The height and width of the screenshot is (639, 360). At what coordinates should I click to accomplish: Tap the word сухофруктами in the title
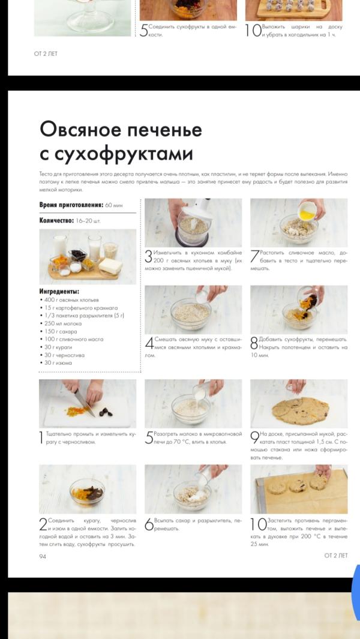(x=124, y=154)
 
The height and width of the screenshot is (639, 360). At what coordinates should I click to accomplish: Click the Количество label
(x=56, y=221)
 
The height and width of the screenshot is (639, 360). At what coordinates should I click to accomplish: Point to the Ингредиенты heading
(x=59, y=291)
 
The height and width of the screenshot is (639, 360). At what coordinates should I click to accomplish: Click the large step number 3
(x=148, y=257)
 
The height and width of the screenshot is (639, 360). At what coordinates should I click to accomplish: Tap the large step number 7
(x=254, y=257)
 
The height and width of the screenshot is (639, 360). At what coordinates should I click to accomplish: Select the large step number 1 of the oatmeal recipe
(x=42, y=437)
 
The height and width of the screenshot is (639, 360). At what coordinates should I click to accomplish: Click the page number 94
(x=43, y=556)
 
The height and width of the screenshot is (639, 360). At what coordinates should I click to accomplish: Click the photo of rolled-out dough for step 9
(x=299, y=403)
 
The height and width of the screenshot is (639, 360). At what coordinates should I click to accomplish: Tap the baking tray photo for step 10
(x=299, y=488)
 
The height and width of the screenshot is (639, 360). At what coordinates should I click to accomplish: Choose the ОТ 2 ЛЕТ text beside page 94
(x=336, y=556)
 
